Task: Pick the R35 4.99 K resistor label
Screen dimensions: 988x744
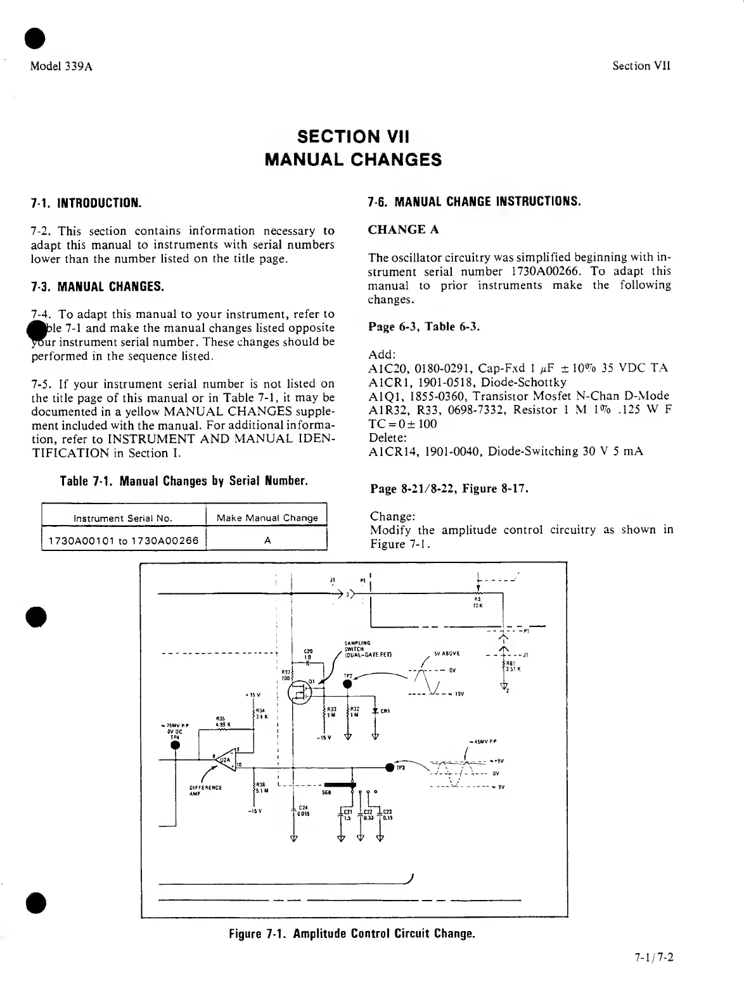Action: (221, 722)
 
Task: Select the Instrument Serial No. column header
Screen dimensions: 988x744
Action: (123, 517)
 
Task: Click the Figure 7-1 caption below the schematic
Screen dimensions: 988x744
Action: (352, 934)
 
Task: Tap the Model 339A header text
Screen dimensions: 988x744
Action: (61, 66)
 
